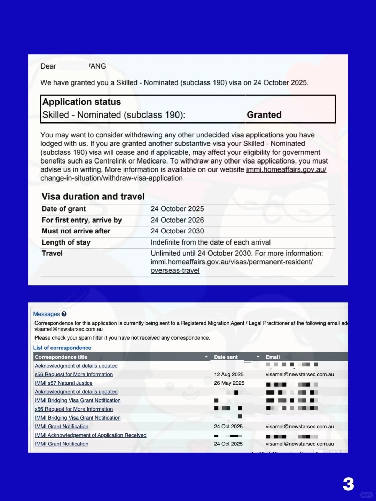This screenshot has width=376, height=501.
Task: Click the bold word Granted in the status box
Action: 264,115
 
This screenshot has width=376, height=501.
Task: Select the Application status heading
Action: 81,102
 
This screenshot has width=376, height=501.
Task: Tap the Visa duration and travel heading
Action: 93,197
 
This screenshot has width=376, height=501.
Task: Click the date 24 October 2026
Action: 177,220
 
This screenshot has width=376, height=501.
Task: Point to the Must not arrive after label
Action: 76,231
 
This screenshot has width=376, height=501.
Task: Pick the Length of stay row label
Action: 66,242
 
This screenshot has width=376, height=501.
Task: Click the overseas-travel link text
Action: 175,271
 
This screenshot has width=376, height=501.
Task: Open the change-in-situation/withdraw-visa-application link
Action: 111,178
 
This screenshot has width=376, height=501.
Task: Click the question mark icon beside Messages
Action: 64,314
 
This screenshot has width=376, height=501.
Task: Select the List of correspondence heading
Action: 62,348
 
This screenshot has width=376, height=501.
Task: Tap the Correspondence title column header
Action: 61,357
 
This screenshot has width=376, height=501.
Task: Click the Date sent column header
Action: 226,357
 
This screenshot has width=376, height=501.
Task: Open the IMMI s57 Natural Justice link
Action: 63,383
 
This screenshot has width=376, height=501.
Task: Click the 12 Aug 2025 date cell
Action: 229,374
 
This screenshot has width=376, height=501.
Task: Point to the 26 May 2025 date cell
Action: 229,383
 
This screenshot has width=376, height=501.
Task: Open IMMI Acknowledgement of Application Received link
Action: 91,435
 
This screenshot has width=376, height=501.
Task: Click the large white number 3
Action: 348,484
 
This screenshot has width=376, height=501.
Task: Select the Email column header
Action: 273,357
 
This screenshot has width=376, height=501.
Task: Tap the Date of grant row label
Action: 64,209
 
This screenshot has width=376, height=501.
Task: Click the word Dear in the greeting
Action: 48,66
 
